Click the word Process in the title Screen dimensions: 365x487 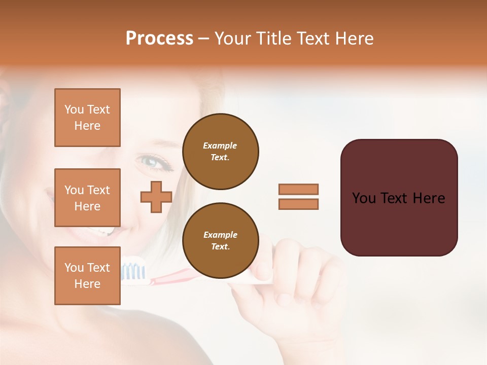159,39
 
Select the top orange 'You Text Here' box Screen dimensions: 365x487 87,118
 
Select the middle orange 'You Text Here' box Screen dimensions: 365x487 87,198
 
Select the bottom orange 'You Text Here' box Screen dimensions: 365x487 87,275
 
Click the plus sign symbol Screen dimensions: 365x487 156,197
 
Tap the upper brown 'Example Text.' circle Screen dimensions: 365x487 220,152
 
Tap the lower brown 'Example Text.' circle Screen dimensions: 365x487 220,240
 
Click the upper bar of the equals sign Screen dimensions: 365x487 298,189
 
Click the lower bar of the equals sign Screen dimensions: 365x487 298,204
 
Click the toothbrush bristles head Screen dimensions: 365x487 133,271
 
